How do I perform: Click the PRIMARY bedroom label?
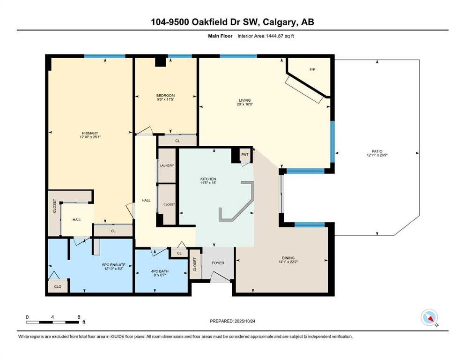pos(90,133)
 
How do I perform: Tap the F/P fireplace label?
pos(312,70)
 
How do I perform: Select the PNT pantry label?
pos(245,155)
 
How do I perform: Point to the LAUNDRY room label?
pos(167,165)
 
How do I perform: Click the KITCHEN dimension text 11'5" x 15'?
pos(208,183)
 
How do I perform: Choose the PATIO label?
pos(377,151)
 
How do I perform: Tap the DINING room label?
pos(288,258)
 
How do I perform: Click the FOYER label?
pos(218,263)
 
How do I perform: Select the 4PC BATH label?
pos(160,271)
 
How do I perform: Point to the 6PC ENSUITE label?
pos(114,265)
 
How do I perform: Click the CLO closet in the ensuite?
pos(58,286)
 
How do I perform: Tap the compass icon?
pos(429,317)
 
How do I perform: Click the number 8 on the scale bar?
pos(79,317)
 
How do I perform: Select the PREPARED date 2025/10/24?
pos(245,321)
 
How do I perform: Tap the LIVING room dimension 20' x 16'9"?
pos(245,104)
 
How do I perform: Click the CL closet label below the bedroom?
pos(177,141)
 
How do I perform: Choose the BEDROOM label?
pos(165,96)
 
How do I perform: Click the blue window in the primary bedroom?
pos(105,56)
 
